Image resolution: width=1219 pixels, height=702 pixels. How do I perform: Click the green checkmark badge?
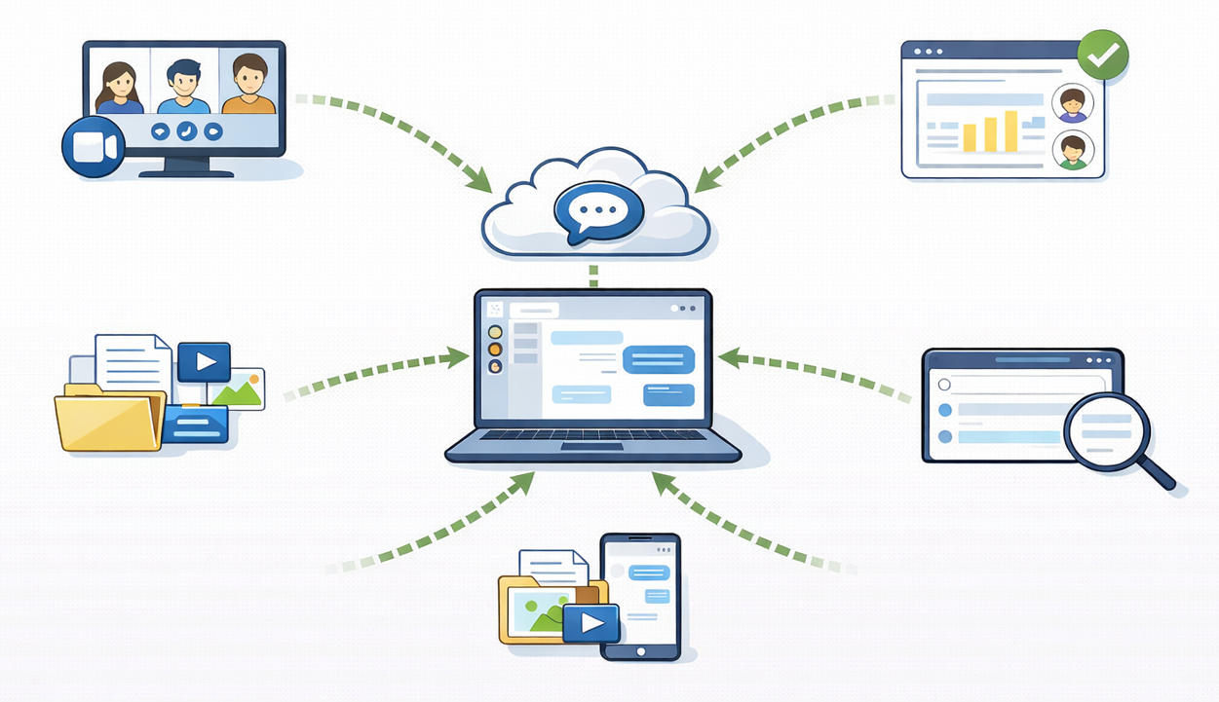pyautogui.click(x=1103, y=55)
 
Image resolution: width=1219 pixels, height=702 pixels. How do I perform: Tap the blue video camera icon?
pyautogui.click(x=94, y=147)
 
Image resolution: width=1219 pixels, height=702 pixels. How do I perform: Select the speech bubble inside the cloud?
pyautogui.click(x=597, y=209)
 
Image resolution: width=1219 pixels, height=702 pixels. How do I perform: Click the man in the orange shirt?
pyautogui.click(x=249, y=85)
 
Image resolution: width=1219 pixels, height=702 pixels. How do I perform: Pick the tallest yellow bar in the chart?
pyautogui.click(x=1010, y=130)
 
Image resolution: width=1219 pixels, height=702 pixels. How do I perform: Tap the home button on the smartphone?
pyautogui.click(x=640, y=651)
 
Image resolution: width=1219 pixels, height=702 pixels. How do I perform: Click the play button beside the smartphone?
pyautogui.click(x=591, y=622)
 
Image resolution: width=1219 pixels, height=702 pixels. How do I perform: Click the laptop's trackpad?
pyautogui.click(x=592, y=447)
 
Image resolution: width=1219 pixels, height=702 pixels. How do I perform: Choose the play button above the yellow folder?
pyautogui.click(x=205, y=362)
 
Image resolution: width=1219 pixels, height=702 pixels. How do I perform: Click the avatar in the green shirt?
pyautogui.click(x=1073, y=152)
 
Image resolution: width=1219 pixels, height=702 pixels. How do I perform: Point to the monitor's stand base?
pyautogui.click(x=186, y=172)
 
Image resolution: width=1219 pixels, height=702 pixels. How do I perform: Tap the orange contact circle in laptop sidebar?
pyautogui.click(x=495, y=349)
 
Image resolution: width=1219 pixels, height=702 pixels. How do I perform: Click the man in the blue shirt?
pyautogui.click(x=183, y=87)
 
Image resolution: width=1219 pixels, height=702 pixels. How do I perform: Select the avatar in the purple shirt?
pyautogui.click(x=1073, y=104)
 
